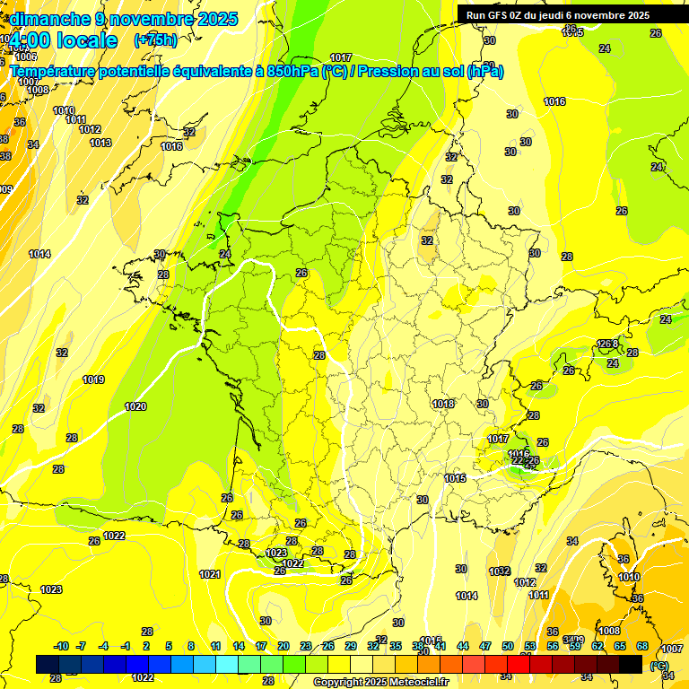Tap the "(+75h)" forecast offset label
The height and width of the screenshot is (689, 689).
point(155,39)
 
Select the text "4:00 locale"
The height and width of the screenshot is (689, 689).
point(63,40)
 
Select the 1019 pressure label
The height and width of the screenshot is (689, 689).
point(93,379)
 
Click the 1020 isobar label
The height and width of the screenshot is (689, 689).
point(135,406)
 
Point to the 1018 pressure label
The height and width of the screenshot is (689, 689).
point(442,404)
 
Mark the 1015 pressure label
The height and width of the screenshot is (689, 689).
point(455,478)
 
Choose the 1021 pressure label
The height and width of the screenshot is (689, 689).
point(209,574)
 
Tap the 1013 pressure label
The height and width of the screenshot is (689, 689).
point(100,143)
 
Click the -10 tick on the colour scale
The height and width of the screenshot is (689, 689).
point(61,646)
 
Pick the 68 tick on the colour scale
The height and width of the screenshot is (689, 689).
point(641,646)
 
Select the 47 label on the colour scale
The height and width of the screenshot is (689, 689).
point(485,646)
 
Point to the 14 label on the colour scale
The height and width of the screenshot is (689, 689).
point(239,646)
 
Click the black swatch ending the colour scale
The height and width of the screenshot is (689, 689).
point(631,664)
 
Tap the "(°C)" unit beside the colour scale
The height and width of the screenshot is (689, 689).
point(659,665)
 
